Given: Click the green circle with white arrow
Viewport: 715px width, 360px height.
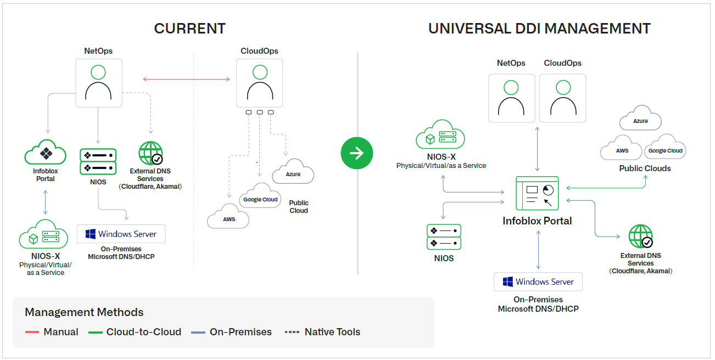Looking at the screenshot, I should [356, 153].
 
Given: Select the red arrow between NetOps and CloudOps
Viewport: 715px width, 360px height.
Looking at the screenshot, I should [186, 80].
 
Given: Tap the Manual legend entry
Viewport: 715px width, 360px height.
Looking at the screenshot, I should [52, 332].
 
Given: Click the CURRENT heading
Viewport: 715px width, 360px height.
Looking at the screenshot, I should [189, 29].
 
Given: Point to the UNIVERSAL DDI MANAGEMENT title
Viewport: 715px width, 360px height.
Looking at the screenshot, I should [539, 29].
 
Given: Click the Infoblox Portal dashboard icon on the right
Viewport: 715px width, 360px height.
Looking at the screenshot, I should [537, 193].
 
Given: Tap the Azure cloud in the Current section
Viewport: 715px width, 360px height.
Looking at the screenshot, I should [293, 173].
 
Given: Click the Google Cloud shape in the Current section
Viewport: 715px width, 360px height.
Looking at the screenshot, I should [260, 199].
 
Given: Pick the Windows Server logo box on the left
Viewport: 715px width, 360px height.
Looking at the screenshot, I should [121, 234].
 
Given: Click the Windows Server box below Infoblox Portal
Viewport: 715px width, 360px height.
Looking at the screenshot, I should [538, 282].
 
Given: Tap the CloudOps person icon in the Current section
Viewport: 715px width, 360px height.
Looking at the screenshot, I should [260, 83].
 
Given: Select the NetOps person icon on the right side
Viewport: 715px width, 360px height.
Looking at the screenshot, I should [511, 98].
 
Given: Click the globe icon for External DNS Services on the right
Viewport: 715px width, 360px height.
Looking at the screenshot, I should [640, 237].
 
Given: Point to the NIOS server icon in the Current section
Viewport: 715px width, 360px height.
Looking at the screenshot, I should [98, 161].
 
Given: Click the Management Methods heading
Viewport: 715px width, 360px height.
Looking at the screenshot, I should [84, 312].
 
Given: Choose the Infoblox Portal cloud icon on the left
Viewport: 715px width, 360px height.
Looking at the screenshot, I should [46, 152].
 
